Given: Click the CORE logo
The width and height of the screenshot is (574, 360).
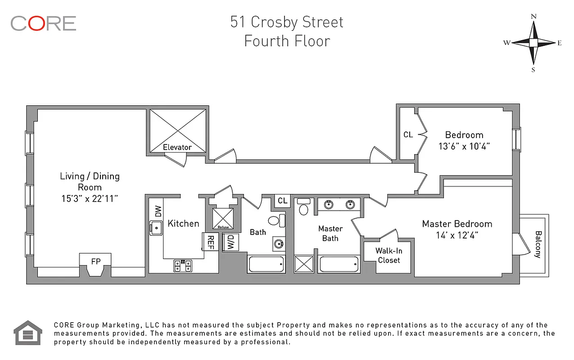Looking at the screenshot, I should (43, 23).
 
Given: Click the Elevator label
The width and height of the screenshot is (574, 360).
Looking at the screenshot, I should (177, 147).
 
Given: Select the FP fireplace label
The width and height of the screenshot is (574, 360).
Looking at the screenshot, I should (95, 261).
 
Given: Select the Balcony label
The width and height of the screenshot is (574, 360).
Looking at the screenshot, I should (538, 244).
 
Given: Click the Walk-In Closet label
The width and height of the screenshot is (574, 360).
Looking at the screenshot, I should (389, 256).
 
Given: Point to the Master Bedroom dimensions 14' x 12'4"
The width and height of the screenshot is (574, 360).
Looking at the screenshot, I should (456, 235).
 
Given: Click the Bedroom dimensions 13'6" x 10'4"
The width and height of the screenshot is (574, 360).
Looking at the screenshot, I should (464, 146).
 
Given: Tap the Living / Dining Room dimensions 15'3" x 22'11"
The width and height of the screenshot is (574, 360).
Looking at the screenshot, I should (90, 198).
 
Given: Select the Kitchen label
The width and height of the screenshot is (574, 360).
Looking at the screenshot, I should (183, 224).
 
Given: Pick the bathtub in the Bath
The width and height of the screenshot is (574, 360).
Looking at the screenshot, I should (266, 264).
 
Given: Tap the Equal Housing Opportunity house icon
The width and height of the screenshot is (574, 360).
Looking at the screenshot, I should (28, 333).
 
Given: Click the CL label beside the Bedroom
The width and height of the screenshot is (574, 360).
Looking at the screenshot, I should (408, 135).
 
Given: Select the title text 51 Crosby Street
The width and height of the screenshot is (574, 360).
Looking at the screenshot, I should (287, 22).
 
